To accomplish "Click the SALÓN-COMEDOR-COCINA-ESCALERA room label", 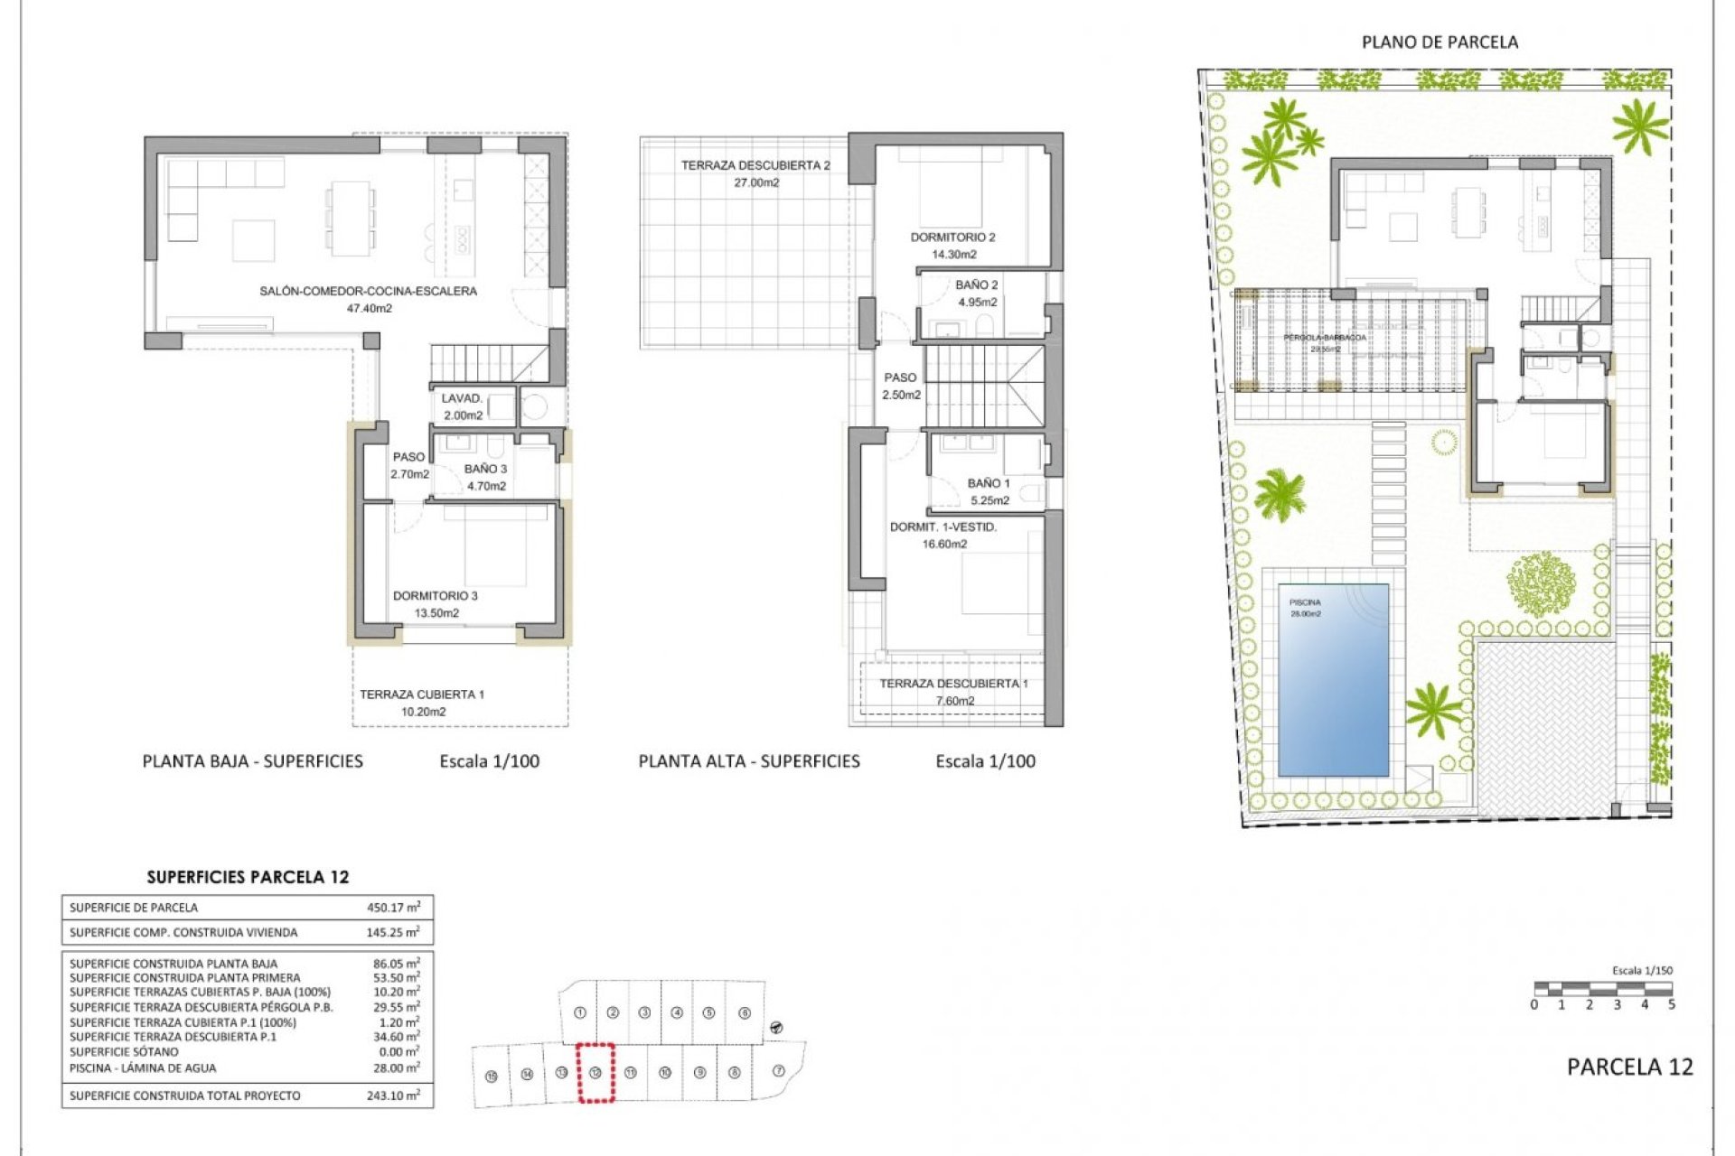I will (368, 291).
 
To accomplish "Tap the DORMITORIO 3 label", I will (435, 596).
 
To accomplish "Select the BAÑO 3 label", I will (485, 469).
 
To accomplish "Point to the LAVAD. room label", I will (462, 398).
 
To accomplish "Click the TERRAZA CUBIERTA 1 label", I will (422, 695).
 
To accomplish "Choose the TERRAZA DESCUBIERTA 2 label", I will (755, 165).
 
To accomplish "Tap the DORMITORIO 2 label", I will (952, 238).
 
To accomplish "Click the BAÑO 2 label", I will (977, 284).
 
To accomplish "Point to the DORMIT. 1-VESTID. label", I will (943, 527).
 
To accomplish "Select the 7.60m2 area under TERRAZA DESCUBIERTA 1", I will (955, 701).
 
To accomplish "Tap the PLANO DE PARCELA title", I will (1440, 42).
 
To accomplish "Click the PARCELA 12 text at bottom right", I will (1629, 1067).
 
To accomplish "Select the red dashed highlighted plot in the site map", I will (596, 1072).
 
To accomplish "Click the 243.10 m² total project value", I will (393, 1095).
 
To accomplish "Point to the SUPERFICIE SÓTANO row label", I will (124, 1052).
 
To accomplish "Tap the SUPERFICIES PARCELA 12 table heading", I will (248, 877).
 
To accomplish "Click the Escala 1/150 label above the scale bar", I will (1642, 971).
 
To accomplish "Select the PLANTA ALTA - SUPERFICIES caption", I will (749, 761).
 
